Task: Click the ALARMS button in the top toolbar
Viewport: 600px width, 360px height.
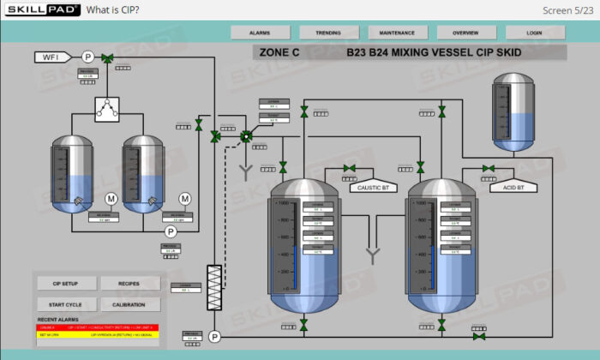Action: [x=260, y=33]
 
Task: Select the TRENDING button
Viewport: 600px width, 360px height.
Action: [x=328, y=33]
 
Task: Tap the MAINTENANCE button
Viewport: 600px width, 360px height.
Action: [x=397, y=33]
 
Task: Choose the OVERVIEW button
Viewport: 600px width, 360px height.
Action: [x=465, y=33]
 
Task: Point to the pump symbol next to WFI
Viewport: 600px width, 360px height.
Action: [x=87, y=57]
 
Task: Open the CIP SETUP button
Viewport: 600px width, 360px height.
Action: [x=65, y=284]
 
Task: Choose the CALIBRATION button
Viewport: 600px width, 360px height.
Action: [x=130, y=304]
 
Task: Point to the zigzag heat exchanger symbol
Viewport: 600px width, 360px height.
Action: [x=214, y=282]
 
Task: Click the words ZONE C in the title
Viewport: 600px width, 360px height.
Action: [x=279, y=52]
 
